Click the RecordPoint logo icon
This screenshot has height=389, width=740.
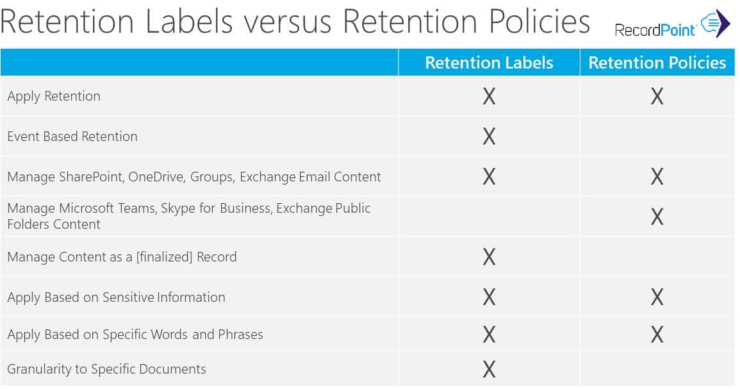715,24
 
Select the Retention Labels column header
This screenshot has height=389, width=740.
489,63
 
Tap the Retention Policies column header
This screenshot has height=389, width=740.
657,63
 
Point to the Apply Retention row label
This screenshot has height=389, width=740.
54,96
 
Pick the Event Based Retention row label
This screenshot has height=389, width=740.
72,137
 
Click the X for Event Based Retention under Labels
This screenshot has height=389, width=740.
489,137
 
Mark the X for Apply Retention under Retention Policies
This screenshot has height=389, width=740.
657,97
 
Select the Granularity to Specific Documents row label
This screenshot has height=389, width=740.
106,369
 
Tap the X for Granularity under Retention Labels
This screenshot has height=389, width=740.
489,369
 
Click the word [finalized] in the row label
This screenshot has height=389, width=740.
161,257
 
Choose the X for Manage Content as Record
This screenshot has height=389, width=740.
489,257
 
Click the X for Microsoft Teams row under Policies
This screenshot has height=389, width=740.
657,217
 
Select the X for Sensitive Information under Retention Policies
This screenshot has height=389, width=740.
657,297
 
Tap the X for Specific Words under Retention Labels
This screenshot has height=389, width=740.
489,335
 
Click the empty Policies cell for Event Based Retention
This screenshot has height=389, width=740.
657,137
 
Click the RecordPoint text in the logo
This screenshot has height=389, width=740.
655,29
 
